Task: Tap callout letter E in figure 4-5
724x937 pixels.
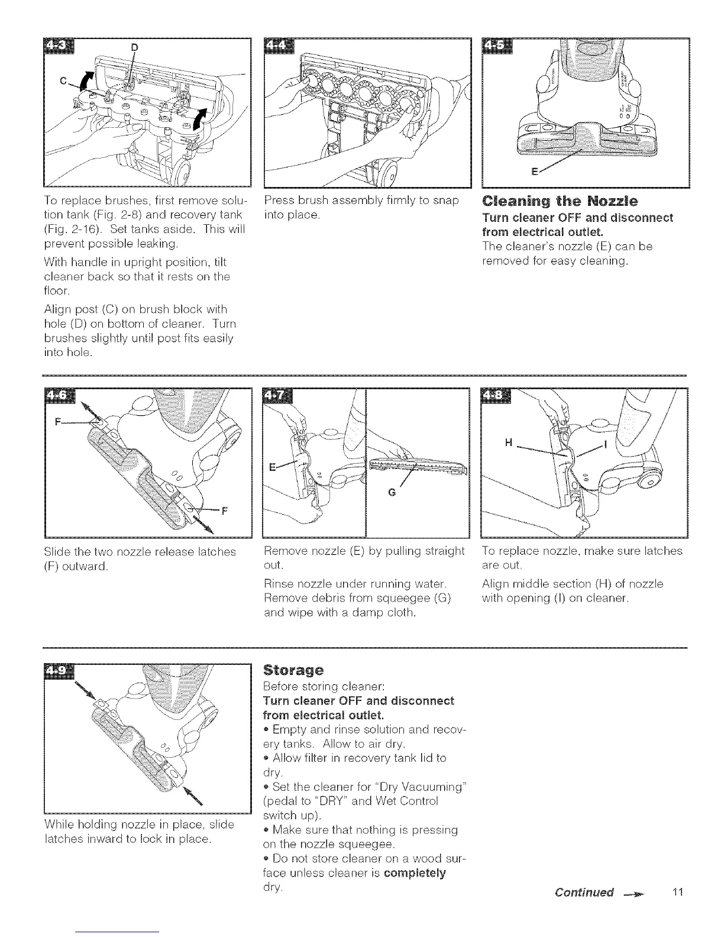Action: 535,173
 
